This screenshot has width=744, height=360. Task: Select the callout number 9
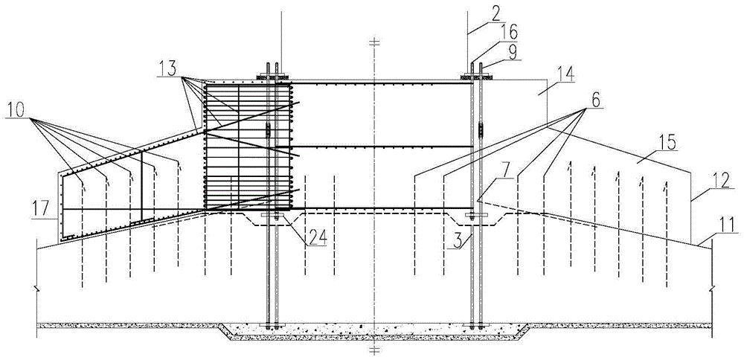coord(512,51)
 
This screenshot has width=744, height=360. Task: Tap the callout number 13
coord(169,69)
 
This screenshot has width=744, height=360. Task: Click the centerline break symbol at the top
coord(375,42)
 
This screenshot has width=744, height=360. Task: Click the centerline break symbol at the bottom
coord(375,350)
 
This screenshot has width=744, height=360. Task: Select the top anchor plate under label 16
coord(476,77)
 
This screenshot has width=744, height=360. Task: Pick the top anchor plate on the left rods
coord(271,77)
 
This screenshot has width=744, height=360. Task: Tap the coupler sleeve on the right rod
coord(481,129)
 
